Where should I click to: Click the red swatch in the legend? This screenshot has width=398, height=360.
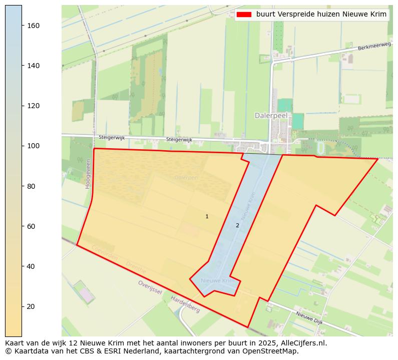pyautogui.click(x=244, y=15)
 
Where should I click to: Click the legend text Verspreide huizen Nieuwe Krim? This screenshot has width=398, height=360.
pyautogui.click(x=321, y=15)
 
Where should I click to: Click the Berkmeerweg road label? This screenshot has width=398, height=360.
pyautogui.click(x=374, y=47)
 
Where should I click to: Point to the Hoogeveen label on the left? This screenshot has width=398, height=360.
pyautogui.click(x=88, y=174)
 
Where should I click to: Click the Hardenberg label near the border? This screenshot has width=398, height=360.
pyautogui.click(x=185, y=304)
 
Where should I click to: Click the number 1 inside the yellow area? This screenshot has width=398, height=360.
pyautogui.click(x=207, y=216)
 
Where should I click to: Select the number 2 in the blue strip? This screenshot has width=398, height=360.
pyautogui.click(x=237, y=225)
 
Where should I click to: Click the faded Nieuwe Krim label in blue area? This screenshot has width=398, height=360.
pyautogui.click(x=218, y=281)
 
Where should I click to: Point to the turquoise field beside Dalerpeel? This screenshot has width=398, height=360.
pyautogui.click(x=285, y=105)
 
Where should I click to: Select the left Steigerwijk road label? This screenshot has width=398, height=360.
pyautogui.click(x=111, y=137)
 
